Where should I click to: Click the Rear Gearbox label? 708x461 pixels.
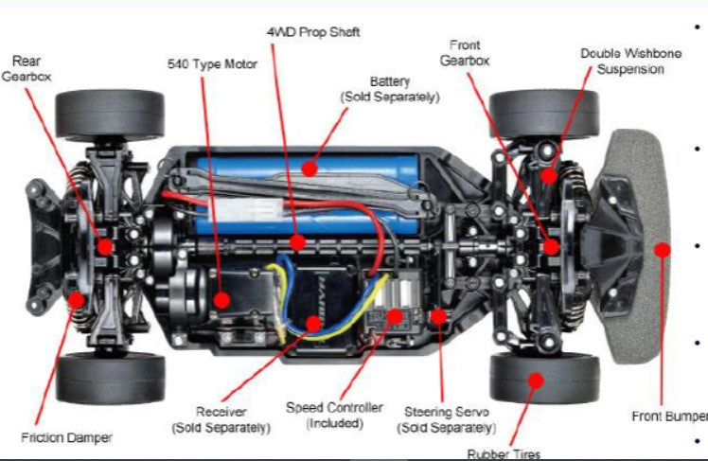pyautogui.click(x=27, y=69)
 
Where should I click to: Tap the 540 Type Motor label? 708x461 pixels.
pyautogui.click(x=212, y=64)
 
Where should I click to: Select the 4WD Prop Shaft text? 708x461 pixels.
pyautogui.click(x=313, y=32)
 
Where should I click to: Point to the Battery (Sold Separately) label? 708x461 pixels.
pyautogui.click(x=390, y=89)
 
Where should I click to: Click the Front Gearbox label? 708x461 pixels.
pyautogui.click(x=465, y=53)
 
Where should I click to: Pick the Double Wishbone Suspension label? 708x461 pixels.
pyautogui.click(x=630, y=62)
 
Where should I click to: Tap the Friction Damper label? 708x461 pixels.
pyautogui.click(x=67, y=437)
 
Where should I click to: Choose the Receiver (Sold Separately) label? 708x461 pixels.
pyautogui.click(x=221, y=419)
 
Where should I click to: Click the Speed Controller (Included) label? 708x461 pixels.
pyautogui.click(x=334, y=416)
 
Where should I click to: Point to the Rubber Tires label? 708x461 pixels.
pyautogui.click(x=504, y=453)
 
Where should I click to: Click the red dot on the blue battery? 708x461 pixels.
pyautogui.click(x=310, y=168)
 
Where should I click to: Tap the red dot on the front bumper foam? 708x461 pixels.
pyautogui.click(x=663, y=250)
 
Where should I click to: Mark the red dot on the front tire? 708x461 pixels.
pyautogui.click(x=536, y=381)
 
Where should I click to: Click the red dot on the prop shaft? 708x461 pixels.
pyautogui.click(x=297, y=242)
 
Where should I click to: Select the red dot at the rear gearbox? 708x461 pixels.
pyautogui.click(x=105, y=247)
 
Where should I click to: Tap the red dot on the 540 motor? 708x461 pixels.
pyautogui.click(x=221, y=300)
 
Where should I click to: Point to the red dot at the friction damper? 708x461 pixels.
pyautogui.click(x=77, y=300)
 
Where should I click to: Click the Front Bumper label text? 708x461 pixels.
pyautogui.click(x=669, y=417)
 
